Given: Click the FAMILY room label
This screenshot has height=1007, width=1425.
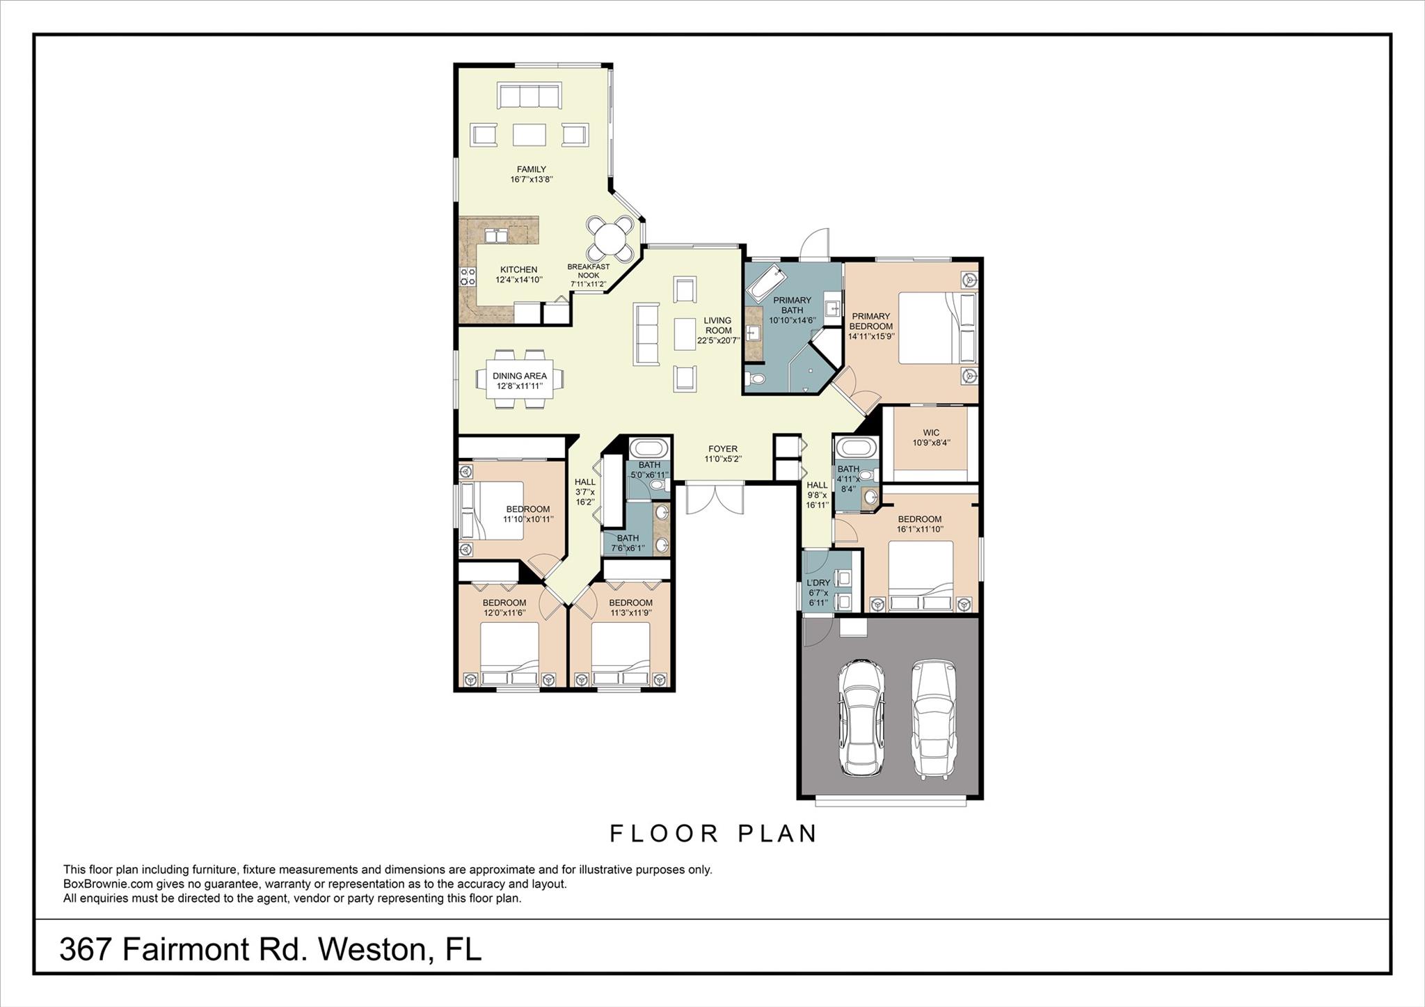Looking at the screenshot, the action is pos(531,169).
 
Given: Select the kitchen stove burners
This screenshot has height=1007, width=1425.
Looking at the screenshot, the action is pos(466,276).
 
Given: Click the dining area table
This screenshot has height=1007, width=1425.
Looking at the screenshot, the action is pos(520,379).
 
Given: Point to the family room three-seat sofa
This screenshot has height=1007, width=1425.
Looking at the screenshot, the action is pos(530,95).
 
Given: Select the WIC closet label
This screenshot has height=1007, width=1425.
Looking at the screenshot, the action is pos(931,432).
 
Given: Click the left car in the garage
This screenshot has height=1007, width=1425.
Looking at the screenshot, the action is pos(861,717).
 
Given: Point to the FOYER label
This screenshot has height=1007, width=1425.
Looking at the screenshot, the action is pos(723,449).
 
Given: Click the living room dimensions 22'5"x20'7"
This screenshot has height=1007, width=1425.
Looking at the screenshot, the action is pos(718,341).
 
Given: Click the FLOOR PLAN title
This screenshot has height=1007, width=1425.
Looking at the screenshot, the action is pos(714,834).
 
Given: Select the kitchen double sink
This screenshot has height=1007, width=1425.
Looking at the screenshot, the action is pos(496,236).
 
